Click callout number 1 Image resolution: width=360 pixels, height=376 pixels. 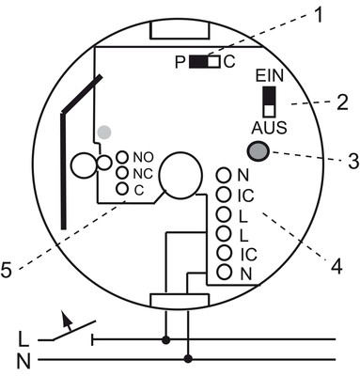[x=318, y=15]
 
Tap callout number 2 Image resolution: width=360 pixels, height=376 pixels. [x=342, y=102]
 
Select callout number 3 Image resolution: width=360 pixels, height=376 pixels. [x=353, y=162]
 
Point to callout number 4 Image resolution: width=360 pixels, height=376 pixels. [x=337, y=267]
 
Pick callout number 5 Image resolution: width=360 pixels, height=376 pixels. [x=7, y=270]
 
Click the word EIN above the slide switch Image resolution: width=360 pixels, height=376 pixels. [x=270, y=76]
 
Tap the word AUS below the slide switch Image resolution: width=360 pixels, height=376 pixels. [x=269, y=128]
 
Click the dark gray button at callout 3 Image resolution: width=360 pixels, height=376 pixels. [x=258, y=151]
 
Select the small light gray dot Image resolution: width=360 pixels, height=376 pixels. [x=104, y=133]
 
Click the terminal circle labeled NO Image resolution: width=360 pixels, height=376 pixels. [x=122, y=157]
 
